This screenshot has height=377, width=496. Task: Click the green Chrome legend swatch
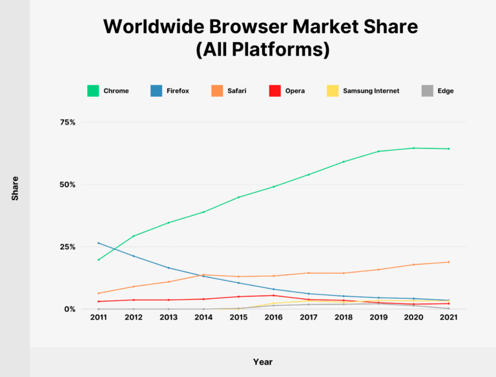click(93, 91)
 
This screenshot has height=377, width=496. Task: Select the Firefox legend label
click(178, 91)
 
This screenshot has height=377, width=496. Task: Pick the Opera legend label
click(295, 91)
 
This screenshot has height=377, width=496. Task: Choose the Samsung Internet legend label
click(371, 91)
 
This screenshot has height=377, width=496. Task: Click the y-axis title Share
click(15, 188)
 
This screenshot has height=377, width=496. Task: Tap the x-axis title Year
click(262, 362)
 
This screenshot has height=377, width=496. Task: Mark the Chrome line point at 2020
click(413, 148)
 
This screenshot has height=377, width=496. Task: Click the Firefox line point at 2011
click(99, 243)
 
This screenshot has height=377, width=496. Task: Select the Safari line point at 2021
click(448, 262)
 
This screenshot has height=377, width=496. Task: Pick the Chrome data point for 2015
click(238, 197)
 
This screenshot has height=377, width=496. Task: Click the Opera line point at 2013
click(169, 300)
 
